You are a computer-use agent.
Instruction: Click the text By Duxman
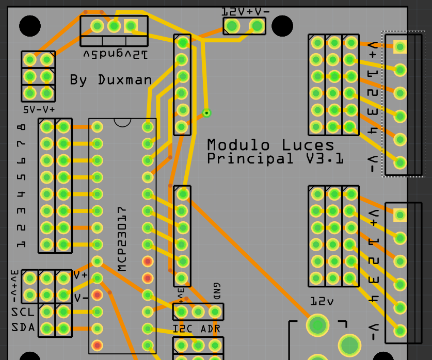click(111, 80)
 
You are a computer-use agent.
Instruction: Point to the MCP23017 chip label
click(122, 239)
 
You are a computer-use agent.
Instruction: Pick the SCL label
click(23, 312)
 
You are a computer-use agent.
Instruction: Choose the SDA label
click(23, 328)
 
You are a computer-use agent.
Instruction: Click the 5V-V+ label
click(39, 110)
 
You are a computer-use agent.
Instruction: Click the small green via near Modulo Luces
click(207, 112)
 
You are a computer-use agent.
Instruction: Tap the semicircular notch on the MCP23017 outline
click(122, 123)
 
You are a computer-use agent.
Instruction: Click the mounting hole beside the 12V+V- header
click(282, 26)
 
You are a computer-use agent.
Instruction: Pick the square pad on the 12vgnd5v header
click(131, 25)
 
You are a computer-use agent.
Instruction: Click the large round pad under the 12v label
click(318, 325)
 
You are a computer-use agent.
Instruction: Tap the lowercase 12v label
click(322, 301)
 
